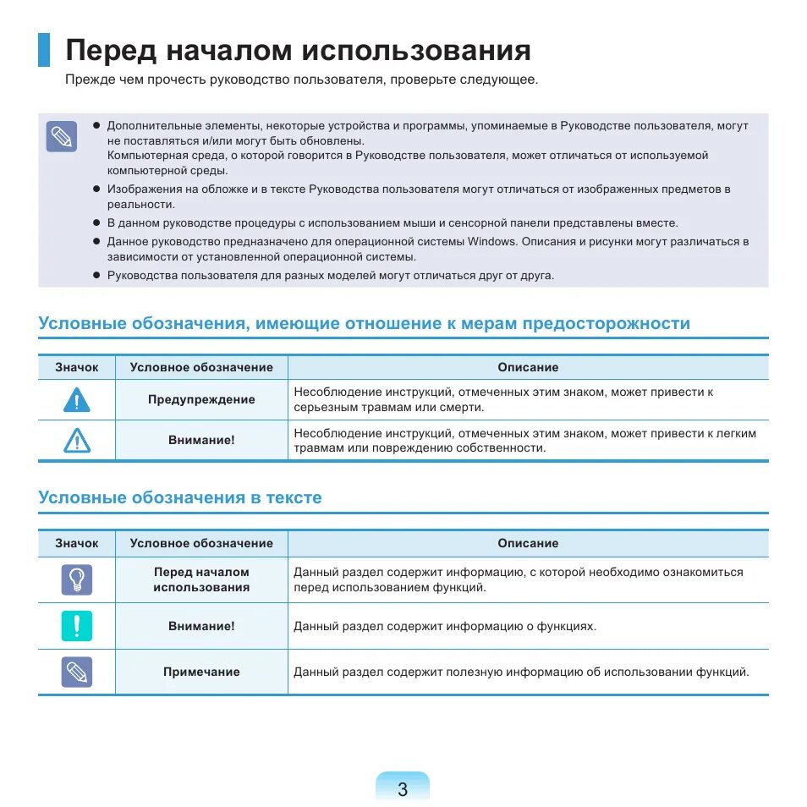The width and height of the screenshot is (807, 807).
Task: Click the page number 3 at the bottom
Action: pos(403,789)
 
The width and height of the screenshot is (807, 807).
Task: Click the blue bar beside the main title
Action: pos(44,50)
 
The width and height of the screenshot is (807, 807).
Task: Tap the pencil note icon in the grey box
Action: pos(61,137)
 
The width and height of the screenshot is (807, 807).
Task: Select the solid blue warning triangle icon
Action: pos(76,399)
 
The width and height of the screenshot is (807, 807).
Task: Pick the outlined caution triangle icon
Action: pos(76,440)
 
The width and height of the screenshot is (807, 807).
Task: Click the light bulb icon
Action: pos(76,579)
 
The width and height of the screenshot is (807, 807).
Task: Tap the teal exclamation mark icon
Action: pos(76,626)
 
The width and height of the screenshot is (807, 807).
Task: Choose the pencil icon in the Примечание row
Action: pos(76,672)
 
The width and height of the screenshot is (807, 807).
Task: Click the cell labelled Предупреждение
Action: pos(201,399)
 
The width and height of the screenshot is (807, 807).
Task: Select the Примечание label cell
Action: pos(201,672)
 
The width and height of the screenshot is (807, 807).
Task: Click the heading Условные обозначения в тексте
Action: pos(180,497)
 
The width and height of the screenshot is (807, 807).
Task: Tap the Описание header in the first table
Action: pos(528,367)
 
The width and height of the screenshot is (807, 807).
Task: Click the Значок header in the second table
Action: pos(77,543)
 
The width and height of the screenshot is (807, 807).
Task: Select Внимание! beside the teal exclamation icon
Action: pos(201,626)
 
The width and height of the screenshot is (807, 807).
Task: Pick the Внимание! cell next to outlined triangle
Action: pos(201,440)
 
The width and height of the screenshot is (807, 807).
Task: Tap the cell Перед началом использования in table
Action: pos(201,579)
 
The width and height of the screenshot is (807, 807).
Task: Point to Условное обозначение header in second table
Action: pos(201,543)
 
